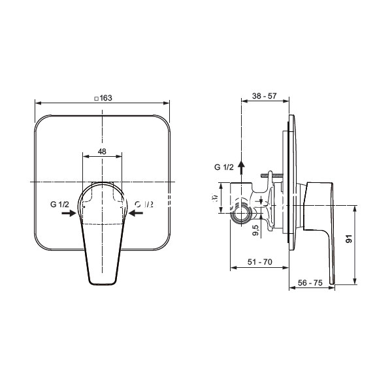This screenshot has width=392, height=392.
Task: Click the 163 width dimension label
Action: tap(106, 98)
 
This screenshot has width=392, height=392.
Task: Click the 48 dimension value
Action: tap(102, 151)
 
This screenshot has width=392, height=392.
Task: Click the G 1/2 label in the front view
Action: tap(60, 204)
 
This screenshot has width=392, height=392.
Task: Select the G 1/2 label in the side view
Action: tap(224, 168)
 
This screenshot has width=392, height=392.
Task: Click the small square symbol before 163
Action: tap(96, 98)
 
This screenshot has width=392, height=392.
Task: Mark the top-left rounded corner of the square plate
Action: tap(41, 122)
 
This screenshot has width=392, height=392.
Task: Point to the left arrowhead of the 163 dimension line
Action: tap(37, 103)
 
